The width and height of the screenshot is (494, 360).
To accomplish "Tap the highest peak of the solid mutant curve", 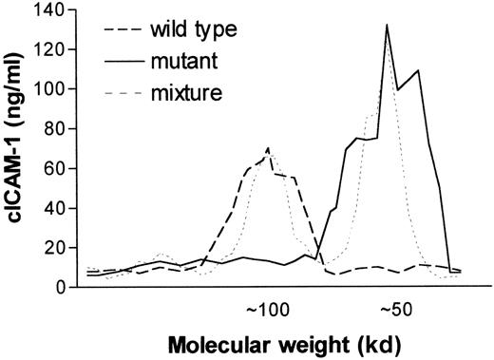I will click(x=387, y=26).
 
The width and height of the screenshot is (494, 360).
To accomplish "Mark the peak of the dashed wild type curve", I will click(x=269, y=149).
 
